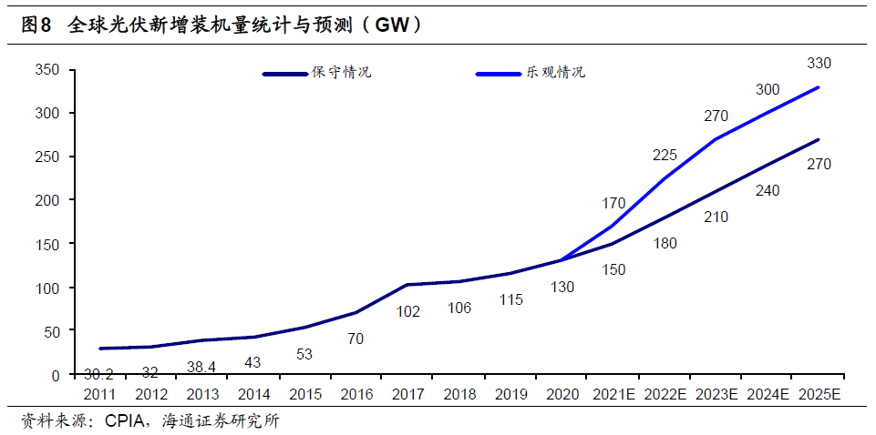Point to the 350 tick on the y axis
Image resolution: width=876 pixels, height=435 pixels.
(46, 70)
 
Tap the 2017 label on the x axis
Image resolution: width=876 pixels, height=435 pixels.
(408, 395)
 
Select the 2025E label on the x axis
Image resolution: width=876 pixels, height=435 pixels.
(819, 395)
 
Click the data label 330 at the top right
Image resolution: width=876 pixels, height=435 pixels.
(819, 63)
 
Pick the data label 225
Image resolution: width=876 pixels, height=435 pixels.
(665, 155)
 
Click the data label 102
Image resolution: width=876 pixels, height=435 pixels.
(408, 311)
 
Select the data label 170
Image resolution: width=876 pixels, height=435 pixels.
(613, 203)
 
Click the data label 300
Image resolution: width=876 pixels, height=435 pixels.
(768, 89)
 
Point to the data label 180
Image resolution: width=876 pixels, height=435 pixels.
(665, 244)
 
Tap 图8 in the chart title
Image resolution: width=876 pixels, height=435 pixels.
(36, 25)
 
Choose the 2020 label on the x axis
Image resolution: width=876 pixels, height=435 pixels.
(562, 395)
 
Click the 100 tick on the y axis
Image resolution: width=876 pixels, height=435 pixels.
(46, 288)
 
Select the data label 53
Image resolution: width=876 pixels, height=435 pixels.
(305, 353)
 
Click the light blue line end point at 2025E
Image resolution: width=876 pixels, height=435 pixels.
(819, 87)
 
